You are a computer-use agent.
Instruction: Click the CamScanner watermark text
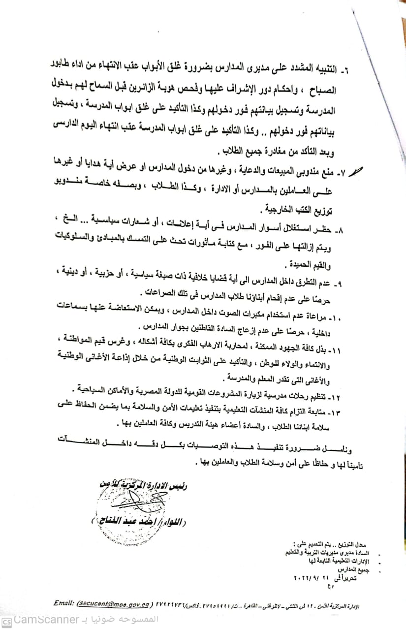[47, 619]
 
